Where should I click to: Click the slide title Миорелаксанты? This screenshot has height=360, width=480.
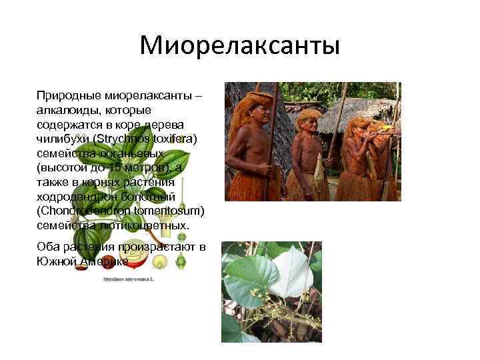click(x=240, y=46)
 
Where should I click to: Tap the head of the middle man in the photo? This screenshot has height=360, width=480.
click(x=309, y=121)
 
